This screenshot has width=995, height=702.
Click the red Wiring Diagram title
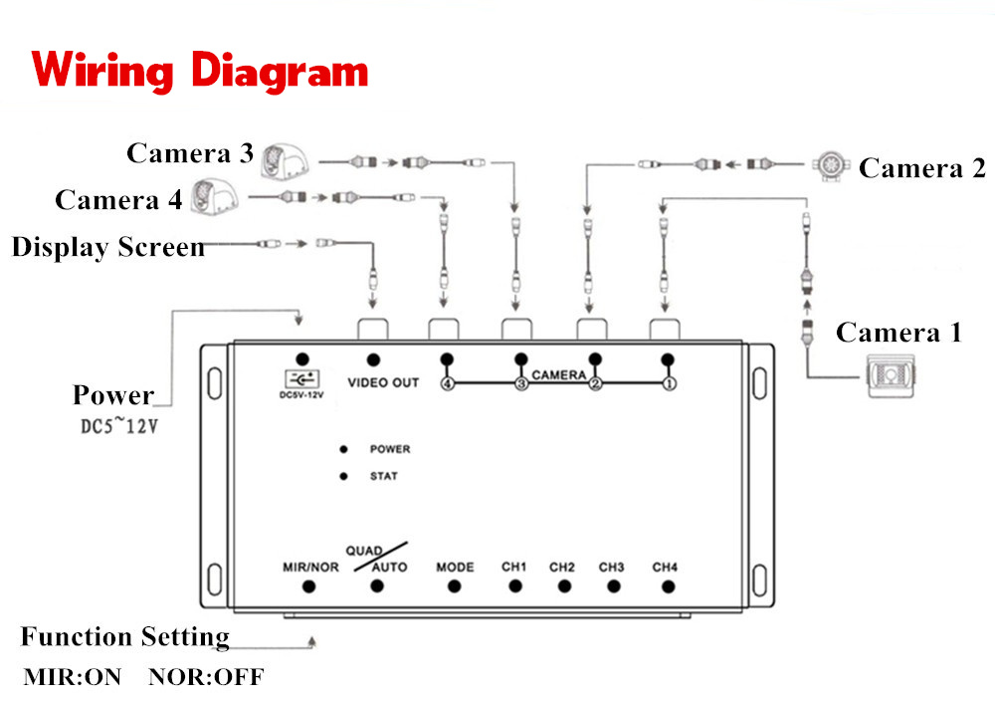[x=199, y=72]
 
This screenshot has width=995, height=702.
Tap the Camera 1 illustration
[x=892, y=376]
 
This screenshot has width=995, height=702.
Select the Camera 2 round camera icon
[x=830, y=166]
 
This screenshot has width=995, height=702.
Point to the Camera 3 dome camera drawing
[x=285, y=161]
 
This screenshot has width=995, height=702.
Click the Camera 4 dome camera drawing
[x=215, y=197]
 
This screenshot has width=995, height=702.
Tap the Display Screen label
[x=107, y=247]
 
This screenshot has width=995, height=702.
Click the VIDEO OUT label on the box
[x=383, y=382]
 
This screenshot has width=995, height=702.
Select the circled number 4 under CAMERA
[x=448, y=383]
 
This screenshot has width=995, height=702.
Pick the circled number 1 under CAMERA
[x=669, y=383]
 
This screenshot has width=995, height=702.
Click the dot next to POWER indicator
[x=343, y=449]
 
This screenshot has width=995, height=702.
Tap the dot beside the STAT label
[x=343, y=476]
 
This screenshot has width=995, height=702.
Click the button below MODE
[x=455, y=586]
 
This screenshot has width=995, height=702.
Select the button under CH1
[x=515, y=586]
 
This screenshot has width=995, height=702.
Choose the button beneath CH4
[x=668, y=587]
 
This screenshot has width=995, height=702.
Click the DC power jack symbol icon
[x=302, y=379]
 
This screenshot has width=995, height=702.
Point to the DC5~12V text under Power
[x=118, y=425]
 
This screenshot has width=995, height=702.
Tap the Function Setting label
[x=125, y=636]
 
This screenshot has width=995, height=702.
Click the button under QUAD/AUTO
[x=377, y=586]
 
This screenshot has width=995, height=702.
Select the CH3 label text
[x=611, y=567]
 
